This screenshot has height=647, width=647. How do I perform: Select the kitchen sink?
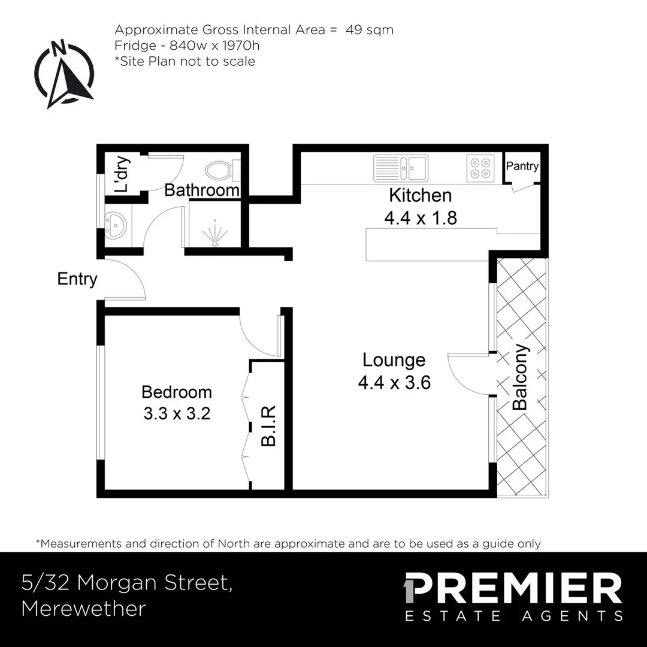point(401,168)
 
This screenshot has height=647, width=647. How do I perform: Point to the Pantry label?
point(522,167)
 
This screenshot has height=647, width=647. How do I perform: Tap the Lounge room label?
point(394,360)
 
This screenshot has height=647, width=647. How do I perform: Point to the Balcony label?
point(521,377)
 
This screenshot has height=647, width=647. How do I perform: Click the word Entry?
point(77,279)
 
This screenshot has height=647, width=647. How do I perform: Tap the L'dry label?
point(122,174)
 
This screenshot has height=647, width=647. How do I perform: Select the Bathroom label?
point(202,191)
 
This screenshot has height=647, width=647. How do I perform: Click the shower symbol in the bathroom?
point(214,232)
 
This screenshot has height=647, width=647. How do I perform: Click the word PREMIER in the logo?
point(513,588)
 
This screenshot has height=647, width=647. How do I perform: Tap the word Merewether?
point(83,609)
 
